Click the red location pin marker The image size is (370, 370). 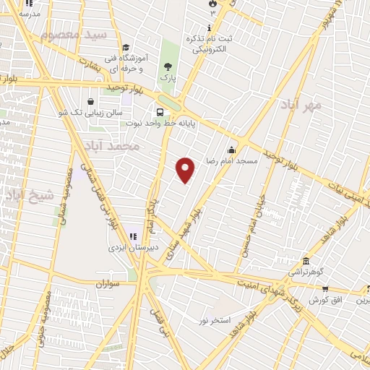pos(186,170)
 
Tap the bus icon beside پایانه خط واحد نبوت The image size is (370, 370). pos(160,112)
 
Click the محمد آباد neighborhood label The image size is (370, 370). pos(111,147)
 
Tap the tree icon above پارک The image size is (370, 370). pos(168,66)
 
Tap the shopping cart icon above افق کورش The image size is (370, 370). pos(316,288)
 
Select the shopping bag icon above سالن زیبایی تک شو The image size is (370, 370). pos(90,102)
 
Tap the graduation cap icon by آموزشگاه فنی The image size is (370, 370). pos(126,48)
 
